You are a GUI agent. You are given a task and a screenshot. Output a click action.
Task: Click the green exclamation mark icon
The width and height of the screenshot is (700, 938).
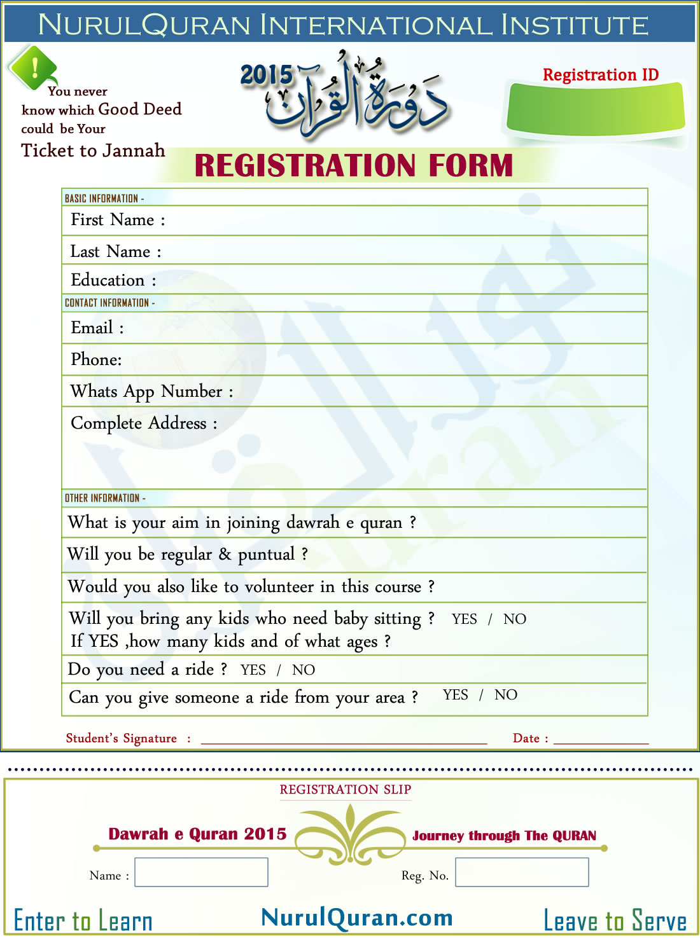point(34,66)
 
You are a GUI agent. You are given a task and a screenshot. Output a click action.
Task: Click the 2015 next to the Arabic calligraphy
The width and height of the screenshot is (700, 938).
point(267,75)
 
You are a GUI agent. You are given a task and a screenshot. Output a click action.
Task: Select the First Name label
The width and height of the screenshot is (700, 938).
point(118,220)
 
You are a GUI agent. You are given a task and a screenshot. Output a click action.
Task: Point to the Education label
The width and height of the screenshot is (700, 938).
point(113,280)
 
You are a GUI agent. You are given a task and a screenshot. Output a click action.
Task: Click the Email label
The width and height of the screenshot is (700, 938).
point(97,328)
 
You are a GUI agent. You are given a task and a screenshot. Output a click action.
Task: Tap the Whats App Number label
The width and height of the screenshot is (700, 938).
point(151,392)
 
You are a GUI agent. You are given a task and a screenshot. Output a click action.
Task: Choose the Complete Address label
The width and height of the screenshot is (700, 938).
point(144,424)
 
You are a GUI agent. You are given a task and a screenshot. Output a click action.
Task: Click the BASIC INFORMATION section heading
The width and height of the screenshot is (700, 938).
point(104,198)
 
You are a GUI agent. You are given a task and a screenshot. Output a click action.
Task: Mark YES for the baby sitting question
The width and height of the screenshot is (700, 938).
point(464,619)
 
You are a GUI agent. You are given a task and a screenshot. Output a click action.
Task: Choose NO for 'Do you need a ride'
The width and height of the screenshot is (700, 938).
point(304,670)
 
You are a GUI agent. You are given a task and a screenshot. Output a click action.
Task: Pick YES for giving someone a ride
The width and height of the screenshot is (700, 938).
point(455,695)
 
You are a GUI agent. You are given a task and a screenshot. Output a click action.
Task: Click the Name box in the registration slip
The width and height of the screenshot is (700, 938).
point(201,872)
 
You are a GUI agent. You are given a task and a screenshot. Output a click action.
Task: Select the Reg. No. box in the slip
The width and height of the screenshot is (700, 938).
point(522,872)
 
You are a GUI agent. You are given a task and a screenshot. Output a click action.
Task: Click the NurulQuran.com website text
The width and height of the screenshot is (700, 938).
point(357,918)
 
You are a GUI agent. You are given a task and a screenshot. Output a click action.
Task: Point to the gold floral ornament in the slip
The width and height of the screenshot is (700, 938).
point(351,834)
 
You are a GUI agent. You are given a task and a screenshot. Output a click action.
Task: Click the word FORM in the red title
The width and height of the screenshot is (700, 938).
point(470,166)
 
